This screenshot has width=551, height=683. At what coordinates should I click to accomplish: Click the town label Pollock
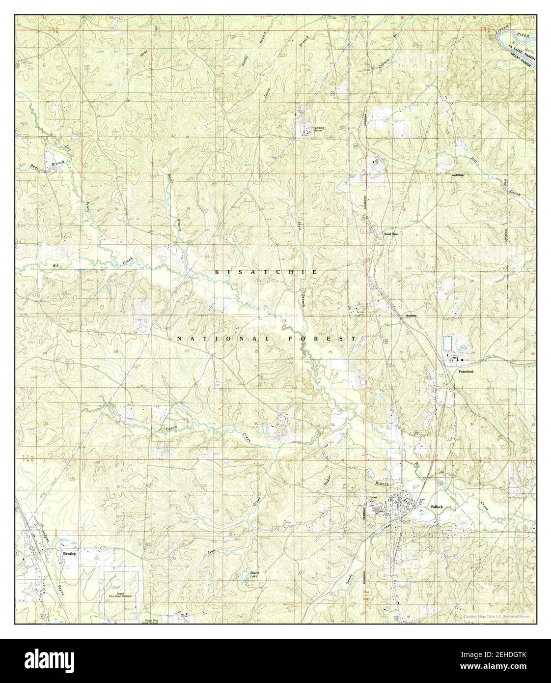tap(436, 506)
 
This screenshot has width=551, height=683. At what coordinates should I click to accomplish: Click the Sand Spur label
tap(390, 234)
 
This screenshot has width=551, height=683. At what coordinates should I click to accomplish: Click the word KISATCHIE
tap(265, 272)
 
